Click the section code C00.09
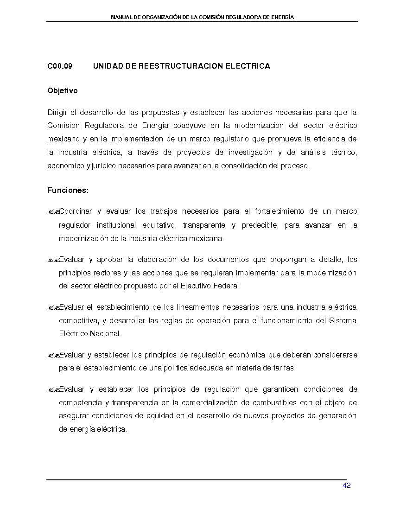(x=60, y=66)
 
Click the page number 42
(x=346, y=485)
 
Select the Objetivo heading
(x=62, y=91)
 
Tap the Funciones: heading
(x=68, y=191)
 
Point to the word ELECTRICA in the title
(x=248, y=66)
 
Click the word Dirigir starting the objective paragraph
(x=57, y=112)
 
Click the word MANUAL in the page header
(x=121, y=17)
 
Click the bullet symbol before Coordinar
(x=52, y=212)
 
